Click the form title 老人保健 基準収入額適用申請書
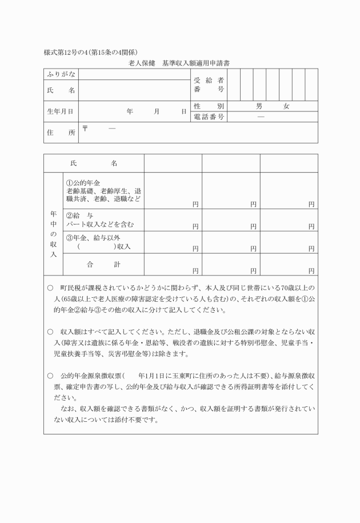pos(179,62)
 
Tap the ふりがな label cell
pos(60,74)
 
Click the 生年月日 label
pos(60,111)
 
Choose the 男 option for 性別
pos(259,106)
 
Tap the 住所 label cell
pos(60,133)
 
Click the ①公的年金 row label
pos(103,191)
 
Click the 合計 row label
pos(103,264)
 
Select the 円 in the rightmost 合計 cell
pos(311,270)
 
